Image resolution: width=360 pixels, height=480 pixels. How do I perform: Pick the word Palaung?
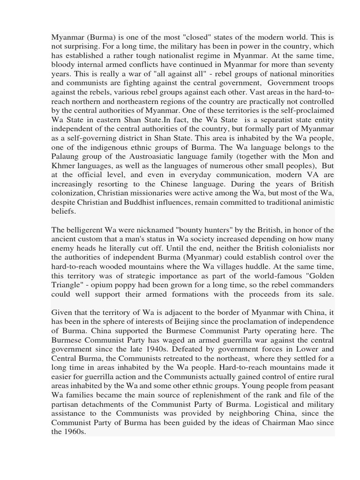click(65, 156)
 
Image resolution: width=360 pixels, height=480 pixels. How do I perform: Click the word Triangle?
click(66, 285)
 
